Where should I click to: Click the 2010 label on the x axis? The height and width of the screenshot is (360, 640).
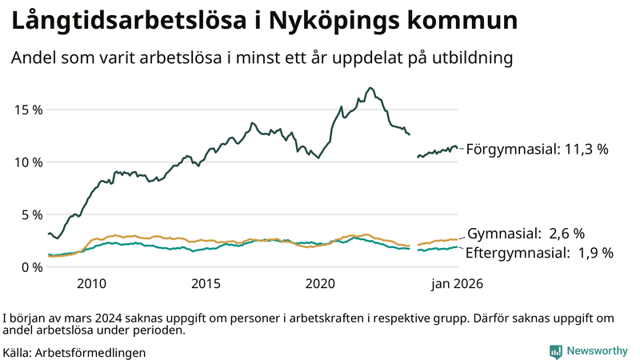click(91, 284)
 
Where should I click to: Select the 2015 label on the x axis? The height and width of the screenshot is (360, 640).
click(206, 284)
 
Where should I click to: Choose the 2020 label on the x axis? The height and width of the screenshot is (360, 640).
click(320, 284)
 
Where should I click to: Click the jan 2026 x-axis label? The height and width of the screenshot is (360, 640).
click(458, 284)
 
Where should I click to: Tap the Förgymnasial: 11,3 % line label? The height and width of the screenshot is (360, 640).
click(538, 149)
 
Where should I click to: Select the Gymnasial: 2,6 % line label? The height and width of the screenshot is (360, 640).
click(526, 234)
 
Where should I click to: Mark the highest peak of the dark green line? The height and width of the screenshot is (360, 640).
click(370, 88)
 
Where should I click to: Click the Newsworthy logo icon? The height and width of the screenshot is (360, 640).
click(555, 351)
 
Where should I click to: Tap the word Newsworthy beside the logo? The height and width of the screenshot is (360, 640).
click(597, 351)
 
